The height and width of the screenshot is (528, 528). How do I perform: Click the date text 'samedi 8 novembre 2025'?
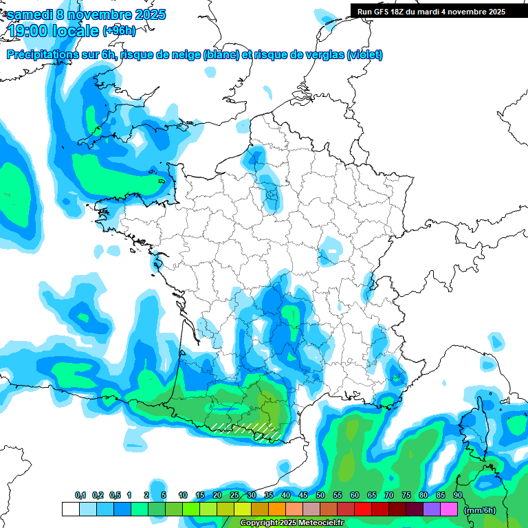click(x=87, y=14)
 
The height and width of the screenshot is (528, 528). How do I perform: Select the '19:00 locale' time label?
click(x=54, y=31)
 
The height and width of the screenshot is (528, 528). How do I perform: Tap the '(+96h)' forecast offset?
click(x=119, y=31)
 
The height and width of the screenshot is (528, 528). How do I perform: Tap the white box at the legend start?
click(x=70, y=509)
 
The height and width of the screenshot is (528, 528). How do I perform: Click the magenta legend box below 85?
click(x=449, y=509)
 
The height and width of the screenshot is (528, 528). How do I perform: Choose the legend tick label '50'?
click(x=320, y=495)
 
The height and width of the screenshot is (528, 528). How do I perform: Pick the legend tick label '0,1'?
click(x=80, y=495)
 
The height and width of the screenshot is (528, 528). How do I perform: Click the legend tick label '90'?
click(x=457, y=495)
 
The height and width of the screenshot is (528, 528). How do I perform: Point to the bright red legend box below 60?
click(x=363, y=509)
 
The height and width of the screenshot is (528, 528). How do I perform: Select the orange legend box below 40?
click(x=277, y=509)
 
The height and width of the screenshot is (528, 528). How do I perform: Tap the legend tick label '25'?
click(x=234, y=495)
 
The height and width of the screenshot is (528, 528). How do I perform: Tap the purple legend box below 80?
click(x=432, y=509)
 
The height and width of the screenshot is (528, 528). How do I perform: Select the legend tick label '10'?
click(x=183, y=495)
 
